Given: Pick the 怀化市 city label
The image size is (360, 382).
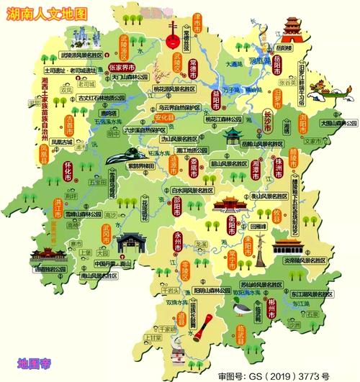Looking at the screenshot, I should point(68,172).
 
